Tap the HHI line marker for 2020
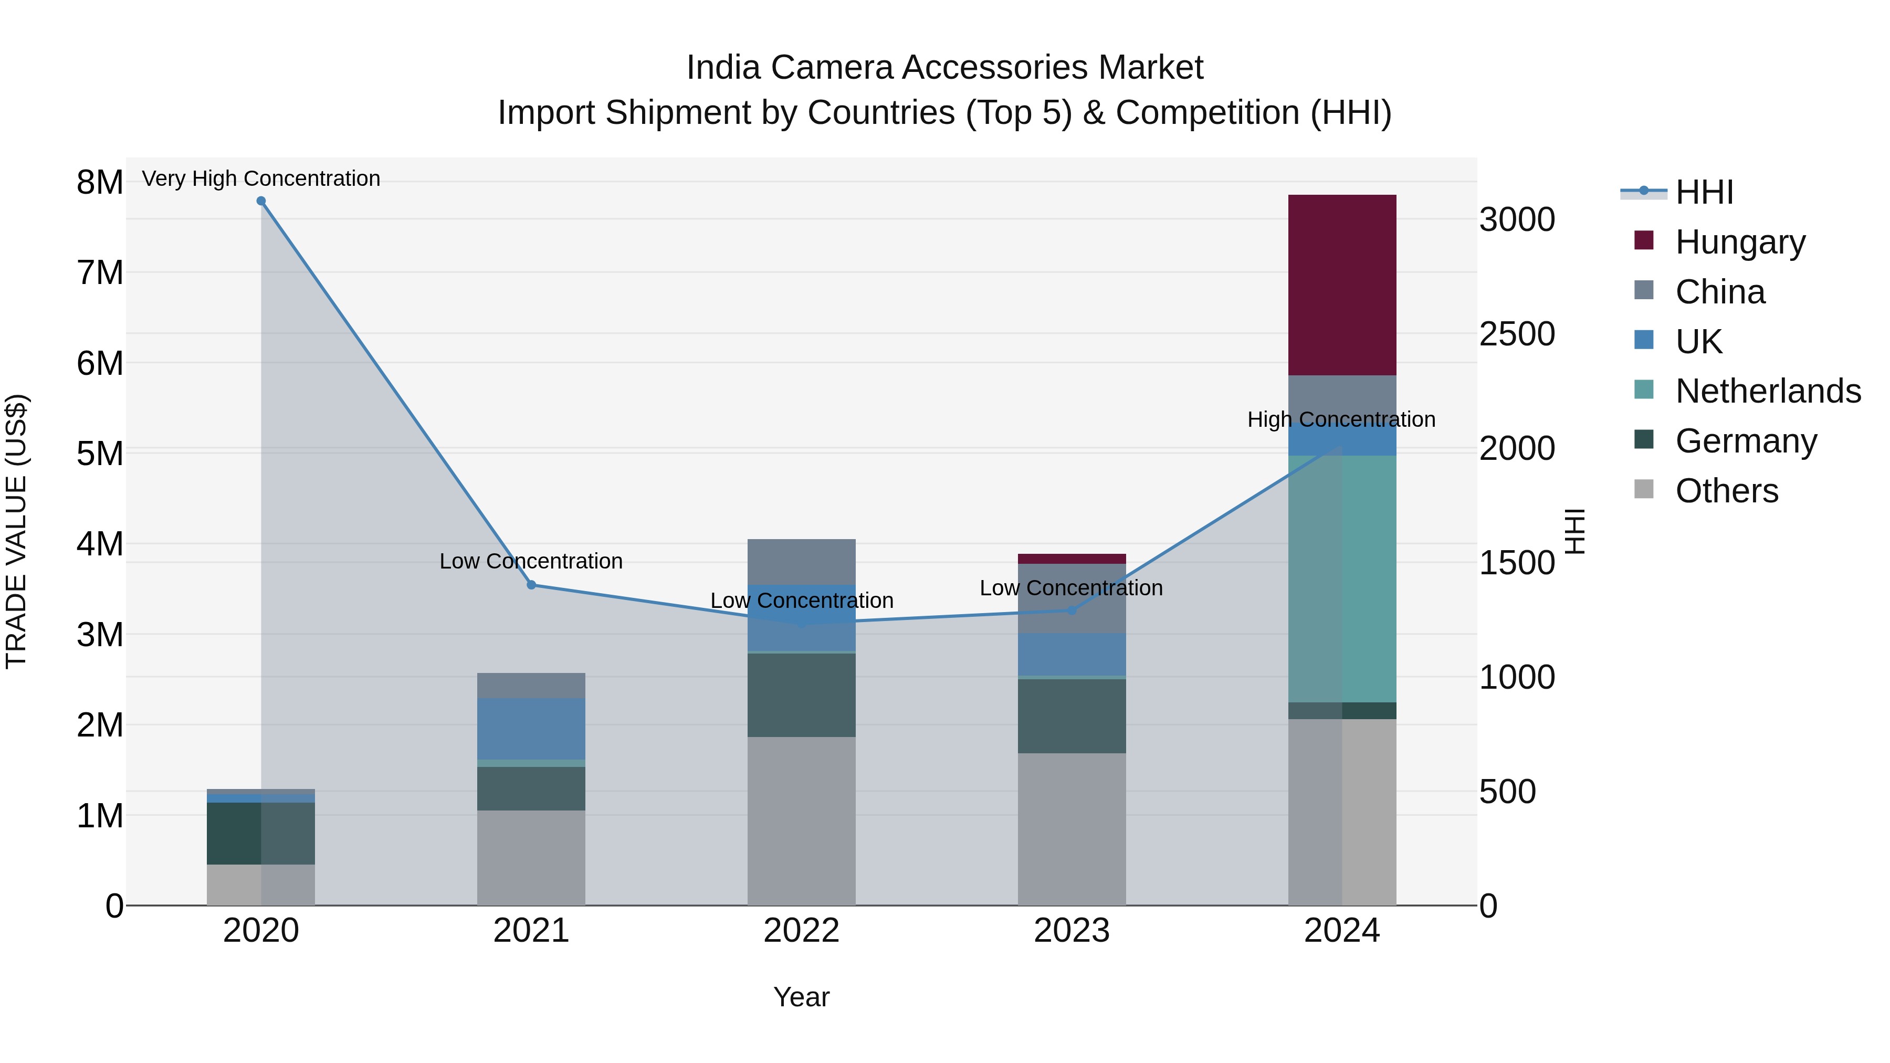click(261, 201)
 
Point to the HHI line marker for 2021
click(531, 585)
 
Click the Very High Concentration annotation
click(261, 178)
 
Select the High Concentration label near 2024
click(1341, 419)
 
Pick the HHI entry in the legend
click(1704, 192)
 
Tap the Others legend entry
click(1726, 491)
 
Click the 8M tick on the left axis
click(100, 182)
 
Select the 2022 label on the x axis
click(801, 931)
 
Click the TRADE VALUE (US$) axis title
click(17, 531)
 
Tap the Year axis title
click(801, 997)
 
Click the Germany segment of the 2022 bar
click(801, 694)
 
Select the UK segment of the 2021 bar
click(531, 729)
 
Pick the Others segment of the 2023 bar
click(1071, 829)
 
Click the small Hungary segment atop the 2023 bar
click(1071, 559)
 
